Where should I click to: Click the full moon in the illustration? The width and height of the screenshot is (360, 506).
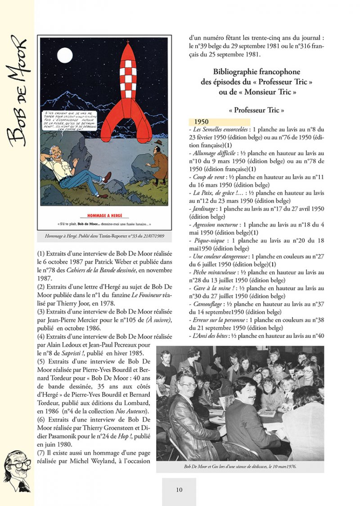click(x=65, y=56)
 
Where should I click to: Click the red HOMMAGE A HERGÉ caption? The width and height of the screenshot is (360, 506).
click(x=104, y=215)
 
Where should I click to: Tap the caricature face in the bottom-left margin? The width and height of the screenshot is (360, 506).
click(x=18, y=470)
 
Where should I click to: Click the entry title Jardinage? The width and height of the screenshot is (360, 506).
click(x=203, y=209)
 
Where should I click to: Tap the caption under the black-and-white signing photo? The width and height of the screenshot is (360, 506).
click(x=240, y=466)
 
